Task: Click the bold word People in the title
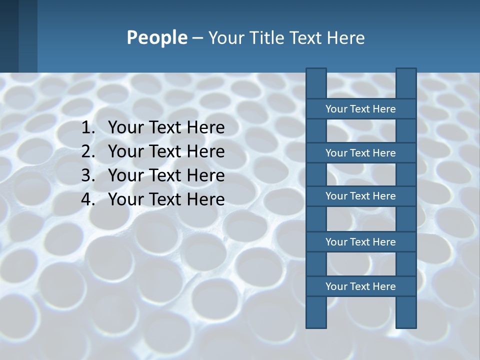pos(156,38)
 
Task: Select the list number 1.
pos(88,128)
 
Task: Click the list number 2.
pos(88,151)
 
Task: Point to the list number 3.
pos(88,175)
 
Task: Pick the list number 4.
pos(88,199)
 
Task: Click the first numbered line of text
pos(166,128)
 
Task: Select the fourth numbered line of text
pos(166,199)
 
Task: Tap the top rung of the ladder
pos(360,109)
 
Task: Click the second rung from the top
pos(360,153)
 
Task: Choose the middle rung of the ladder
pos(360,196)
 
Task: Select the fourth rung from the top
pos(360,242)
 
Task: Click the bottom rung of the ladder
pos(360,286)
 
